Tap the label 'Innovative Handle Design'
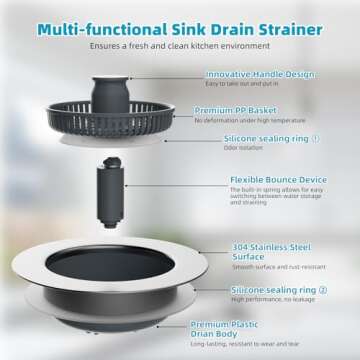(261, 74)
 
